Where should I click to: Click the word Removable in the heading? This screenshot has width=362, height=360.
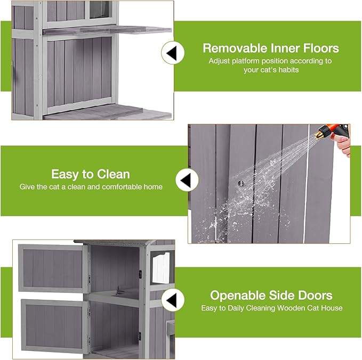pyautogui.click(x=235, y=48)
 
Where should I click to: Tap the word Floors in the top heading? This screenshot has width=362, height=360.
pyautogui.click(x=321, y=48)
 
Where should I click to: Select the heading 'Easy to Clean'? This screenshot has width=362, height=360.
pyautogui.click(x=91, y=174)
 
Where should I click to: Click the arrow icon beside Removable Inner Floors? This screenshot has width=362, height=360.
pyautogui.click(x=172, y=53)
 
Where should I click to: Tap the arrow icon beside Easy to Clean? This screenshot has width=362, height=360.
pyautogui.click(x=186, y=180)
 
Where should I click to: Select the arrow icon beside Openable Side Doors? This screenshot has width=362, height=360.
pyautogui.click(x=172, y=300)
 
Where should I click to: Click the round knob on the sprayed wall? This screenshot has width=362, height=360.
pyautogui.click(x=240, y=183)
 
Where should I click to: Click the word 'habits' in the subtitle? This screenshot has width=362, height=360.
pyautogui.click(x=288, y=70)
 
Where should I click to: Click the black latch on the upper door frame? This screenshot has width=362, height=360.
pyautogui.click(x=140, y=274)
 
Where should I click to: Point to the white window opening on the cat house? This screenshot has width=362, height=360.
pyautogui.click(x=161, y=267)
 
